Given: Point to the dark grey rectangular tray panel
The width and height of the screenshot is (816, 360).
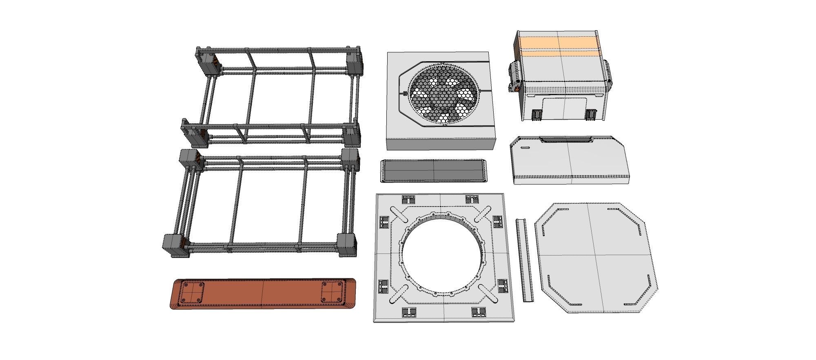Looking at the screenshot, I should (434, 170).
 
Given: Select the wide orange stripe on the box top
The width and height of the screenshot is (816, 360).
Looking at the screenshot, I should (559, 42).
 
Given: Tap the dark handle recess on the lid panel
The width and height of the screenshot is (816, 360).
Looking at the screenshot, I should (567, 140).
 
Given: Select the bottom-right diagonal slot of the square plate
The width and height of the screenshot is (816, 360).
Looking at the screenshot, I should (487, 293).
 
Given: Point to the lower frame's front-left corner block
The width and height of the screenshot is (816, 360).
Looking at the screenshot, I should (175, 245).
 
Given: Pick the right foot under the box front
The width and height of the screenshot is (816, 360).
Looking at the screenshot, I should (590, 115).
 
